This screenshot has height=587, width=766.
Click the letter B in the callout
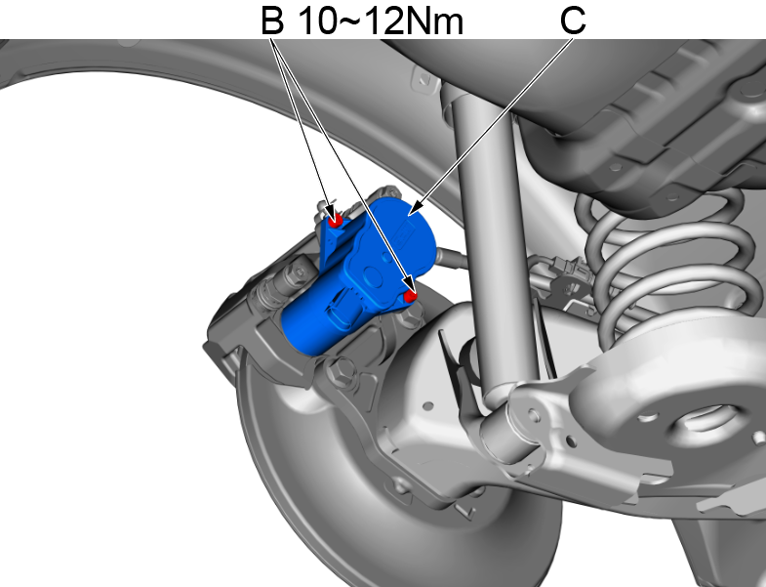tap(272, 20)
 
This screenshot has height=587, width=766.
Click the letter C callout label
tap(573, 20)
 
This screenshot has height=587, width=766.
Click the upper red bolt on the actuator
tap(335, 221)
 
